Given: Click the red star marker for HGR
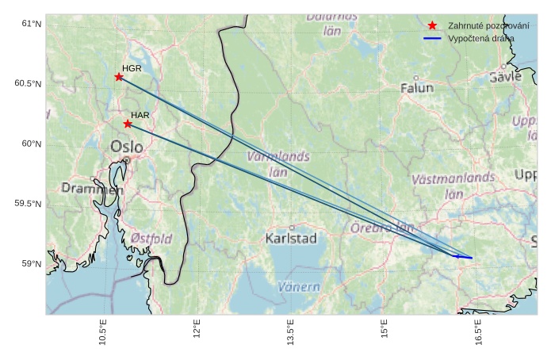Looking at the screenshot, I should (x=119, y=77).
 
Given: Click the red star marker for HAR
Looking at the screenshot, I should (x=128, y=124).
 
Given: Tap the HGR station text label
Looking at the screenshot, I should (x=132, y=68).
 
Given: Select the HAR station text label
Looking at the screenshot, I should (x=140, y=115).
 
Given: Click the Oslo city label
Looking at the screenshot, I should (x=127, y=147).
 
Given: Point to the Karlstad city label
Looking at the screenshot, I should (x=292, y=238).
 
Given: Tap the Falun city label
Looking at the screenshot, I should (x=417, y=88).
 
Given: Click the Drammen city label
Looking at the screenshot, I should (x=93, y=189).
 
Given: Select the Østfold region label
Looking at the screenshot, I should (x=151, y=238).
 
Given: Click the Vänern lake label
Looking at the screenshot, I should (x=299, y=287).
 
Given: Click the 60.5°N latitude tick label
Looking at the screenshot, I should (x=28, y=84).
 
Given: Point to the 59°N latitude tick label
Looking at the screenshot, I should (x=31, y=264).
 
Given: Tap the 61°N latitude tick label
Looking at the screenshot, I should (x=31, y=24).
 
